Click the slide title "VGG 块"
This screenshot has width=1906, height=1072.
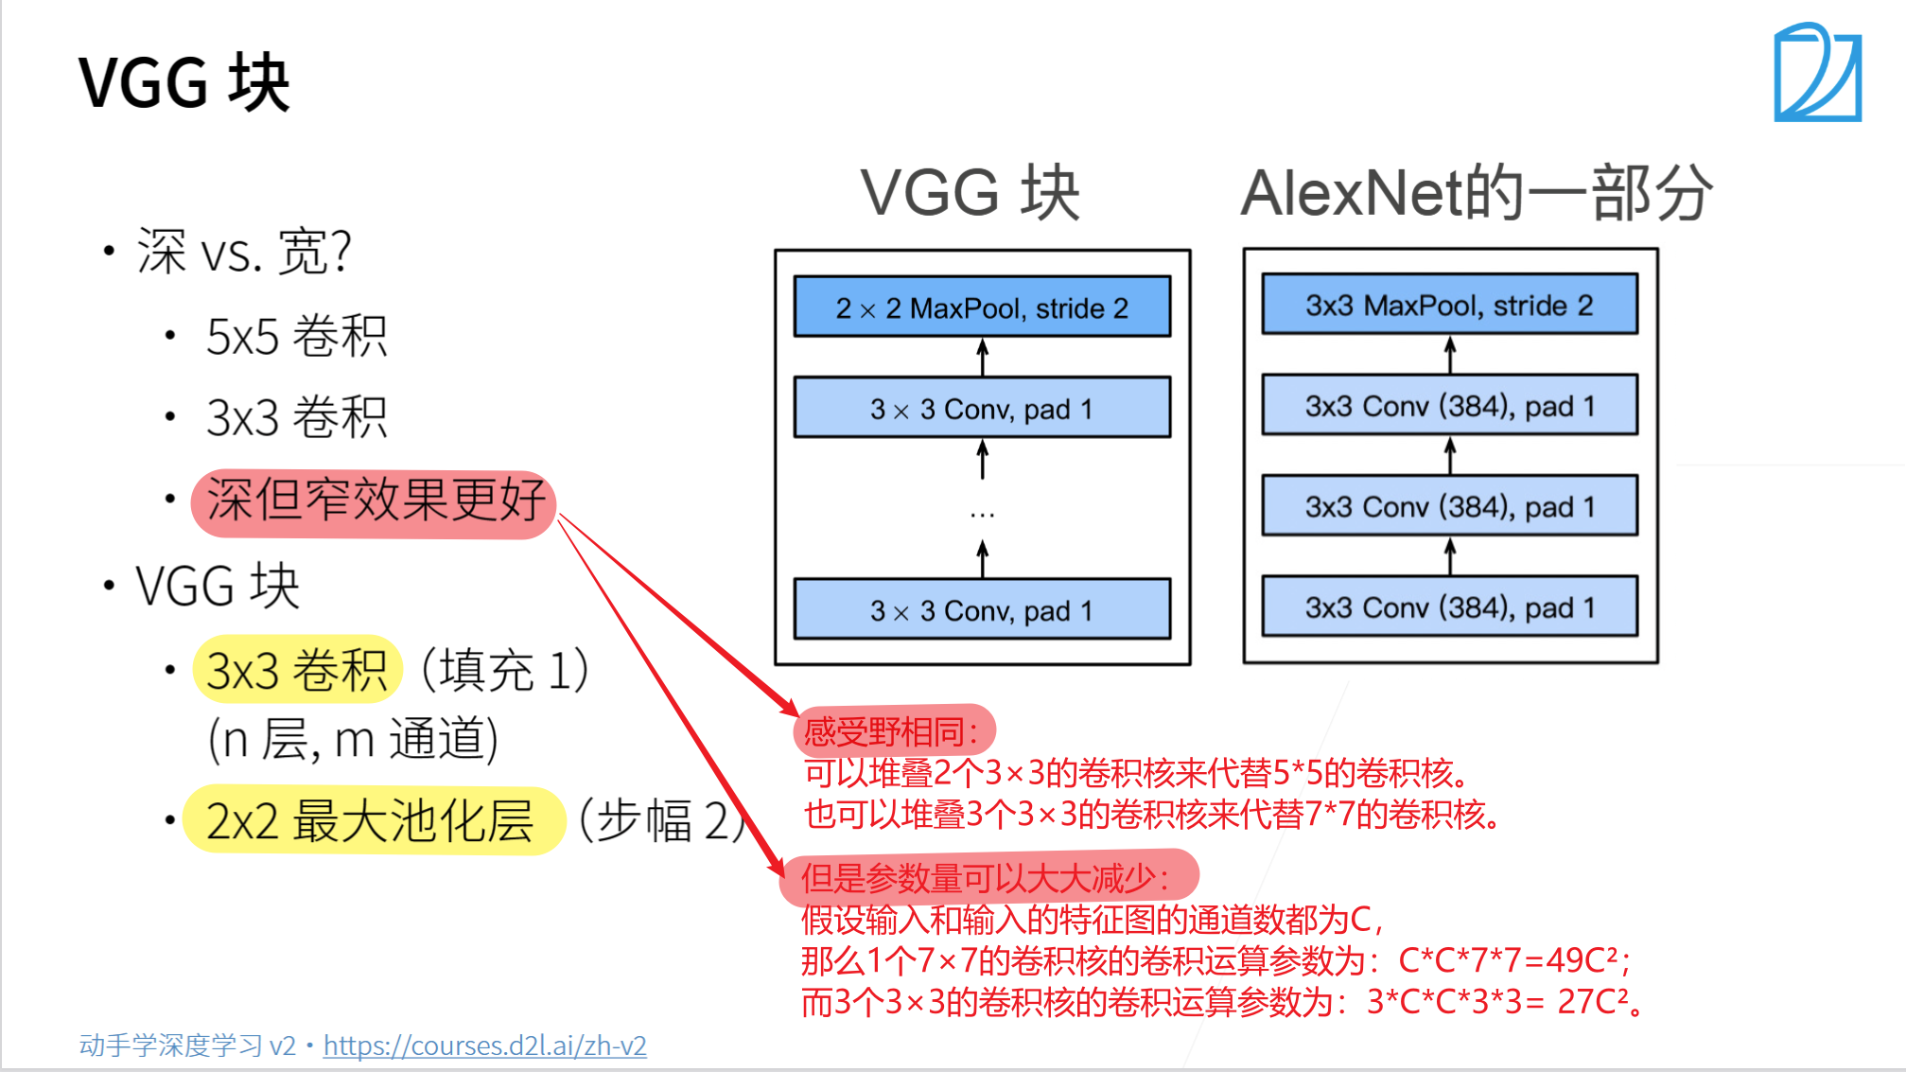(184, 83)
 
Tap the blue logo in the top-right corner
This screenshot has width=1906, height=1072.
(1817, 74)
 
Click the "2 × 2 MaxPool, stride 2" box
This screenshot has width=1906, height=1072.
(982, 308)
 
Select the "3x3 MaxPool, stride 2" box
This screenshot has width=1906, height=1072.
(1449, 305)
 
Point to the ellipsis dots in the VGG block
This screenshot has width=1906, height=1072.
(982, 515)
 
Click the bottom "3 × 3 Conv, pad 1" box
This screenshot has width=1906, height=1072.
(982, 610)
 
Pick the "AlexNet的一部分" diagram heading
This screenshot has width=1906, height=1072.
(1476, 193)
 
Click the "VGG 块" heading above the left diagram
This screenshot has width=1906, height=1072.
(970, 193)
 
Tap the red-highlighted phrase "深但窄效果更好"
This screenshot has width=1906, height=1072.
(375, 501)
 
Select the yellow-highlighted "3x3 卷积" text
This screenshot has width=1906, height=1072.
(297, 670)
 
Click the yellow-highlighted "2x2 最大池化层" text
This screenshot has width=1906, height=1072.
(371, 820)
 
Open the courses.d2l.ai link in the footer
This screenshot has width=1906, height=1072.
(484, 1046)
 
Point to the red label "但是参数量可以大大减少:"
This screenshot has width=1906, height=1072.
(986, 877)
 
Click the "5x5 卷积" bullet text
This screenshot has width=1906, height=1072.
(296, 337)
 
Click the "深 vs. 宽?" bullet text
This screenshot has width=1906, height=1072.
(244, 253)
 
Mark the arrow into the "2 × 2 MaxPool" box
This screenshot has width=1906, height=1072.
(983, 357)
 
